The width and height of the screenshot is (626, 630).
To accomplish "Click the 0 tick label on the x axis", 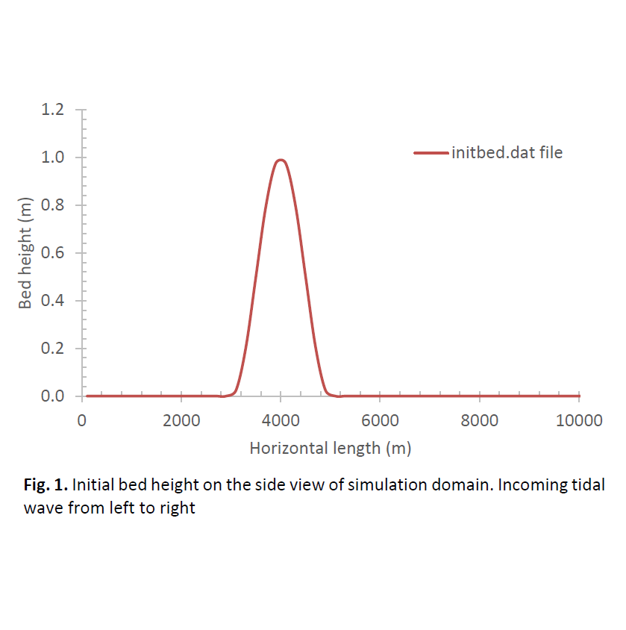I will point(81,420).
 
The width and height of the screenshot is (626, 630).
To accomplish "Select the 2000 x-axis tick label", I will point(181,420).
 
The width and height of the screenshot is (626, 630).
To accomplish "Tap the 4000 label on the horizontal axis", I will point(281,420).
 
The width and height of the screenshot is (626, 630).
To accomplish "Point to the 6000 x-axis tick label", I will point(380,420).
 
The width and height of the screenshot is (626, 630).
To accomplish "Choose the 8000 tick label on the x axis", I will point(479,420).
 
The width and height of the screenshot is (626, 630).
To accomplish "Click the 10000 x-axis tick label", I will point(579,420).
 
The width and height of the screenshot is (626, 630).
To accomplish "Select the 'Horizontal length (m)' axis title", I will point(331,449).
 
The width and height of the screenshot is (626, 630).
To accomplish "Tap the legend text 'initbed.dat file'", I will point(507,153).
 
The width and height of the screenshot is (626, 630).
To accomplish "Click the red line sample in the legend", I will point(431,153).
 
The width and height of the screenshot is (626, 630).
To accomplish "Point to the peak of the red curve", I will point(281,160).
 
